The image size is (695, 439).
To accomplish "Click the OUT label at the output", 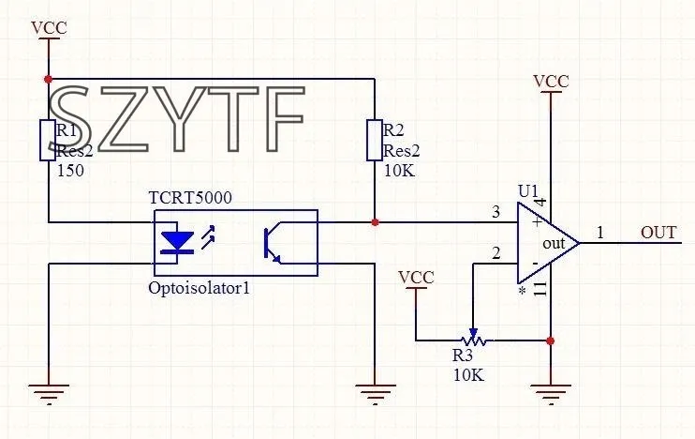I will [x=658, y=233].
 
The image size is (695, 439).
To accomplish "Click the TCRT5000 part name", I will [x=190, y=198].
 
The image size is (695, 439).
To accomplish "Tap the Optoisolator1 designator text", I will [x=199, y=288].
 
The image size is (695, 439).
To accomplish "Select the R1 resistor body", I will [x=47, y=140].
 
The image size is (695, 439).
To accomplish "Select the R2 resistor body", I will [x=374, y=140].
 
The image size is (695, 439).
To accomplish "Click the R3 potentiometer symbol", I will [x=472, y=339].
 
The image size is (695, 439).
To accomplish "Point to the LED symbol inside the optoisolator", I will [x=177, y=242].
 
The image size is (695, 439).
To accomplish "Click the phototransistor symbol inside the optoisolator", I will [x=276, y=242].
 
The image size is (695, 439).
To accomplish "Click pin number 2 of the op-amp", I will [x=496, y=253].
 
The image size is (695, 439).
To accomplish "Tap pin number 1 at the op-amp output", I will [x=600, y=232].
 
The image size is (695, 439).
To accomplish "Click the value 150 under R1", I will [x=71, y=171].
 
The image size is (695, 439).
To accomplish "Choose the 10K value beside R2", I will [x=399, y=171].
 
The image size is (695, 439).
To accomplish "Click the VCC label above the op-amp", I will [x=551, y=82].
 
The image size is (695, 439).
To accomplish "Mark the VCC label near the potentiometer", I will [x=416, y=278].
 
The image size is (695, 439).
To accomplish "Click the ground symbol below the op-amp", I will [x=551, y=392].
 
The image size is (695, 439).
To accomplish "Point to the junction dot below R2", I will [x=375, y=222].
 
